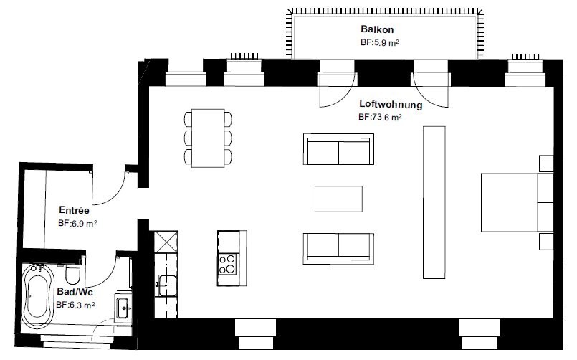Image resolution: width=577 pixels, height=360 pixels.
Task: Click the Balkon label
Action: [377, 29]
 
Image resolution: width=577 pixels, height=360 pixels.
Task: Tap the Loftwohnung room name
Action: [391, 105]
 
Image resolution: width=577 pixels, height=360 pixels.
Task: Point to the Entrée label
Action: [74, 210]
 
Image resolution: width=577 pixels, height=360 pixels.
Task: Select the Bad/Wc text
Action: [75, 292]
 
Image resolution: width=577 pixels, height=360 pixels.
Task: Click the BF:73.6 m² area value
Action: [380, 117]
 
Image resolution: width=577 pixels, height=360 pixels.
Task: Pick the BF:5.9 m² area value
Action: [380, 43]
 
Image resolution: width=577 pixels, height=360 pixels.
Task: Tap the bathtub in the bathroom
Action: [37, 296]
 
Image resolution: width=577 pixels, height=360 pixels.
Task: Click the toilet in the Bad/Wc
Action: [72, 273]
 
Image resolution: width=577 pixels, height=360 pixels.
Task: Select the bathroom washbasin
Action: [123, 308]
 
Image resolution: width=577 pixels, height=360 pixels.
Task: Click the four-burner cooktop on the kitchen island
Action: [228, 264]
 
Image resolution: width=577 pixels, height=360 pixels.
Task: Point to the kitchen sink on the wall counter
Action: [166, 285]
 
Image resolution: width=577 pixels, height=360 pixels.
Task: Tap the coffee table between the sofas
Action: [338, 199]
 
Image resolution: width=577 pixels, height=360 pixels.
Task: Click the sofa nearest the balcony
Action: [338, 149]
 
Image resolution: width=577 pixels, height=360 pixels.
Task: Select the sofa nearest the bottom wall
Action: [338, 248]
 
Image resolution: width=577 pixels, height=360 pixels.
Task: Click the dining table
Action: [208, 138]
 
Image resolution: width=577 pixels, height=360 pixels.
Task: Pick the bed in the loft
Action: [517, 202]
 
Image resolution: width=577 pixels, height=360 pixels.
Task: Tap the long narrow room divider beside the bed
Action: [434, 202]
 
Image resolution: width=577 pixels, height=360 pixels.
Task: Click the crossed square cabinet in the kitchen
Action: [166, 242]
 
